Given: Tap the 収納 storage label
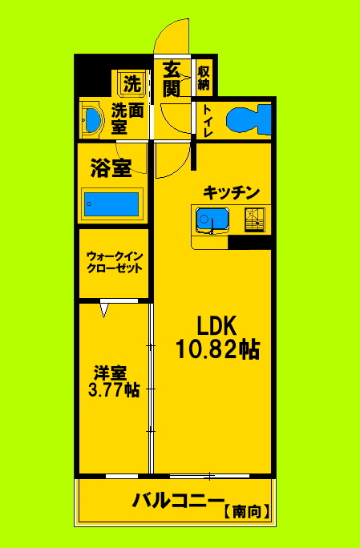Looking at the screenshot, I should [x=204, y=78].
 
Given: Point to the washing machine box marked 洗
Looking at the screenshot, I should [x=132, y=82].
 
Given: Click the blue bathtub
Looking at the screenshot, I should [x=112, y=203].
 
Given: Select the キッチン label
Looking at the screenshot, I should [x=231, y=192].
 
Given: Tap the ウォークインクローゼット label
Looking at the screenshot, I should [x=115, y=262].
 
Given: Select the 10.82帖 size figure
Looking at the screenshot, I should [x=217, y=349].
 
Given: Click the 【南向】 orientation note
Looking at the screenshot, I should [x=245, y=508].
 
